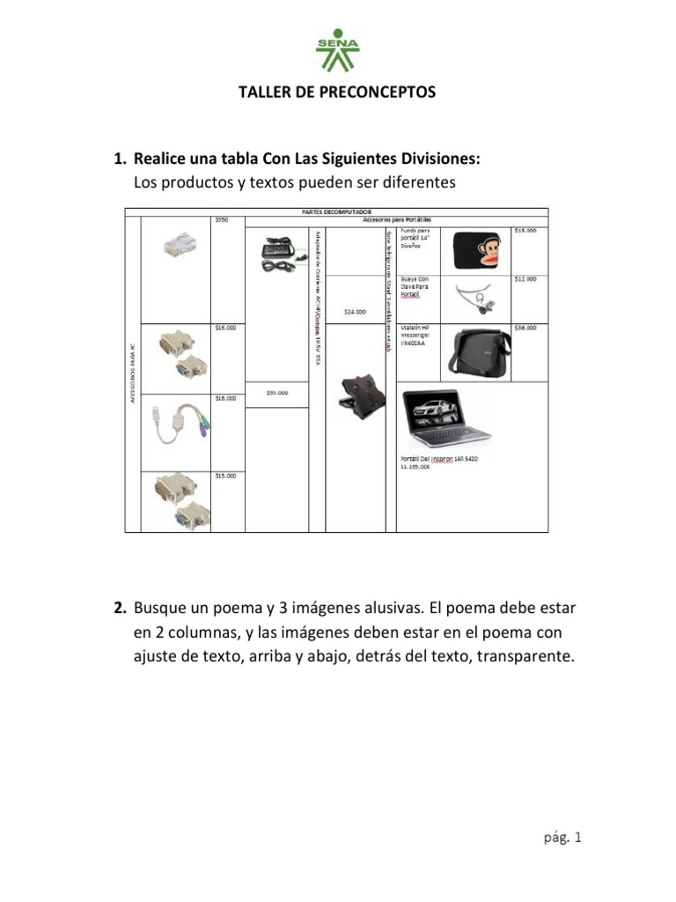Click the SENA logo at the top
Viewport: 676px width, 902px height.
click(337, 52)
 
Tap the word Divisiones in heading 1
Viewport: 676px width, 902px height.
click(434, 159)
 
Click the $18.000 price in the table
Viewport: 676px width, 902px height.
click(226, 398)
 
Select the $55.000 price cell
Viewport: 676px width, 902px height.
click(277, 393)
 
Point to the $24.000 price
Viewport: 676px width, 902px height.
click(355, 311)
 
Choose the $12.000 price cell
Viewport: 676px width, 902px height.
click(525, 279)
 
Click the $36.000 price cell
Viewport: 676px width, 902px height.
click(525, 328)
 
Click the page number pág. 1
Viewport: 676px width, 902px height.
click(563, 839)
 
